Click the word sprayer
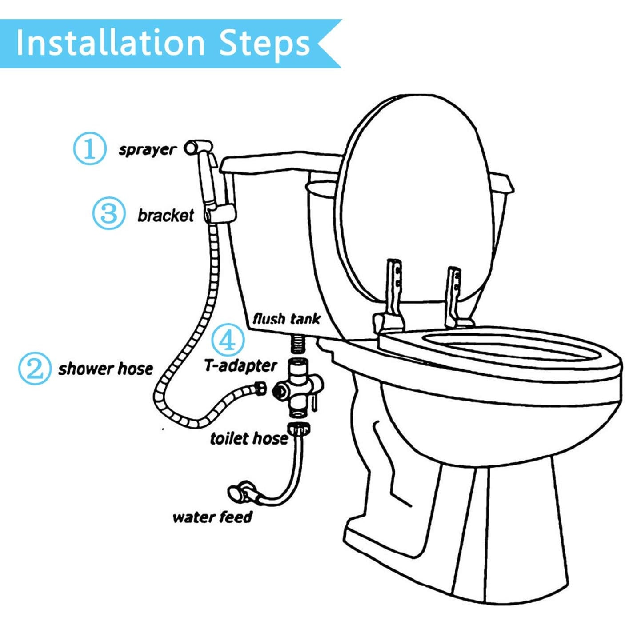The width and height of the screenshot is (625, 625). (x=147, y=151)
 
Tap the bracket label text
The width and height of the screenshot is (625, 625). (x=166, y=215)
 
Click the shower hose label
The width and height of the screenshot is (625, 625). (x=106, y=369)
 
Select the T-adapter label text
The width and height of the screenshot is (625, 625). (x=240, y=366)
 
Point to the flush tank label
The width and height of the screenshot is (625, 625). (x=286, y=319)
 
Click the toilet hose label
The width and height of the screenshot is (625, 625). (x=249, y=439)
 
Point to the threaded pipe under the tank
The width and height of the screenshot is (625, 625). (x=298, y=345)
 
